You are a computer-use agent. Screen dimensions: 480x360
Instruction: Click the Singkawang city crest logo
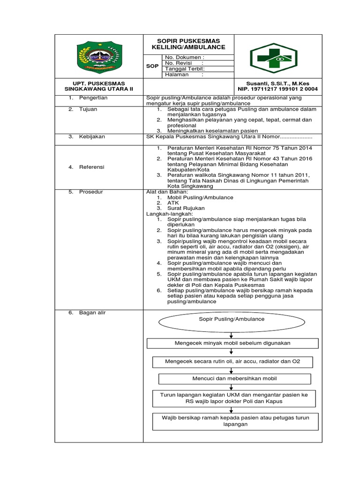coord(98,57)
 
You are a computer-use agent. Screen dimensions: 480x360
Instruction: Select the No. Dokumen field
coord(184,58)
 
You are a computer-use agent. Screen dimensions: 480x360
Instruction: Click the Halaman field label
coord(177,75)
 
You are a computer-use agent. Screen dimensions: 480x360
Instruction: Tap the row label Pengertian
coord(93,97)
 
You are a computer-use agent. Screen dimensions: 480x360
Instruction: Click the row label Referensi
coord(92,167)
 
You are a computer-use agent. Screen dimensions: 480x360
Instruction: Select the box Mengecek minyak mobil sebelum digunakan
coord(232,343)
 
